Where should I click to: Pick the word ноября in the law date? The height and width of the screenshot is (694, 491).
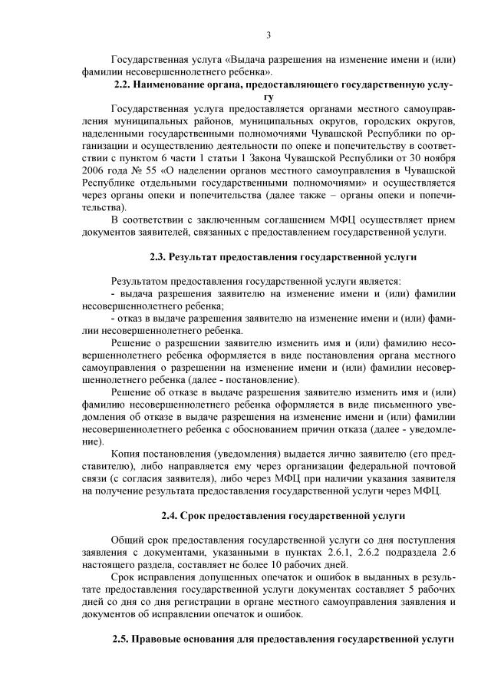(x=440, y=157)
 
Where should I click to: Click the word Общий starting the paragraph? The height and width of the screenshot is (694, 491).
(x=127, y=540)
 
